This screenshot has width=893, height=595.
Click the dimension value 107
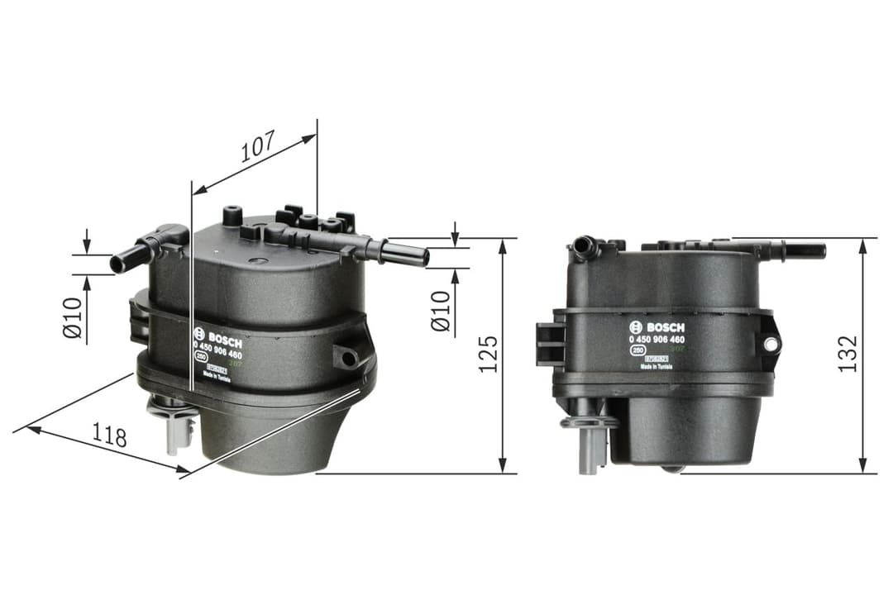tap(257, 148)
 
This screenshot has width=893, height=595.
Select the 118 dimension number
tap(109, 436)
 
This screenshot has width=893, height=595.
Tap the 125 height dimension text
tap(489, 354)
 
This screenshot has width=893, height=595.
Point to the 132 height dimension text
tap(848, 354)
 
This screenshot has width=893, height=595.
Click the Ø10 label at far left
tap(74, 318)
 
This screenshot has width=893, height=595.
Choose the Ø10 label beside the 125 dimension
tap(441, 311)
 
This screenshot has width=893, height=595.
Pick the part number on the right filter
tap(657, 340)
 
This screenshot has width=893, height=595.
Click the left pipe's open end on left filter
tap(117, 265)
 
